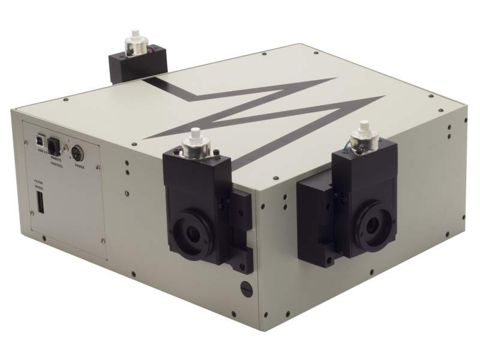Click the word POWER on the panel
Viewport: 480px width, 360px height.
[x=79, y=166]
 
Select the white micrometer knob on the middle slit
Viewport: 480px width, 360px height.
[x=195, y=137]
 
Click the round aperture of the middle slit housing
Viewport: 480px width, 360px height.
[x=192, y=233]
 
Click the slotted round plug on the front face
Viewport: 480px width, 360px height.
[x=246, y=288]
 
